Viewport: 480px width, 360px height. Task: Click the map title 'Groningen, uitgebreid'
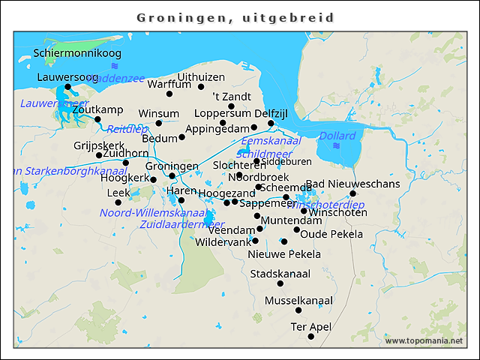coord(235,16)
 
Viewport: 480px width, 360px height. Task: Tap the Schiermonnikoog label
coord(77,53)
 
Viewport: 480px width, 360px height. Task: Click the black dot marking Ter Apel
coord(311,337)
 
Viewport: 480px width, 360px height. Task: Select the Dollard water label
coord(337,136)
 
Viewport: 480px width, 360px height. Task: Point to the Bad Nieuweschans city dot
coord(352,193)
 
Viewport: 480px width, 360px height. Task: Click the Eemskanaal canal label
coord(271,140)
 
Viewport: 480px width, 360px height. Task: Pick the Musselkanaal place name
coord(298,301)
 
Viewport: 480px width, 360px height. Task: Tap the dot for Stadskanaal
coord(280,283)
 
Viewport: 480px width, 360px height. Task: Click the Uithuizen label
coord(201,77)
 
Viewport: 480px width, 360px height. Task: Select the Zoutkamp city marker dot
coord(97,119)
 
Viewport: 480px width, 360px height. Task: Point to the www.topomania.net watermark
coord(424,341)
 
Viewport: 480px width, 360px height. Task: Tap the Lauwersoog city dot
coord(67,87)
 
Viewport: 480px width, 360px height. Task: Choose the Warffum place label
coord(169,84)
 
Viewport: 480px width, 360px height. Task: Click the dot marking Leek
coord(118,202)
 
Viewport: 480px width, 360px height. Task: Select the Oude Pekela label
coord(331,234)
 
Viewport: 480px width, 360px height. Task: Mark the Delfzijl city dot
coord(271,123)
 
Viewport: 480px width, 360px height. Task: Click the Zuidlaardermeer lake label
coord(182,223)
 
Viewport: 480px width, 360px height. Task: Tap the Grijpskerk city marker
coord(99,155)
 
